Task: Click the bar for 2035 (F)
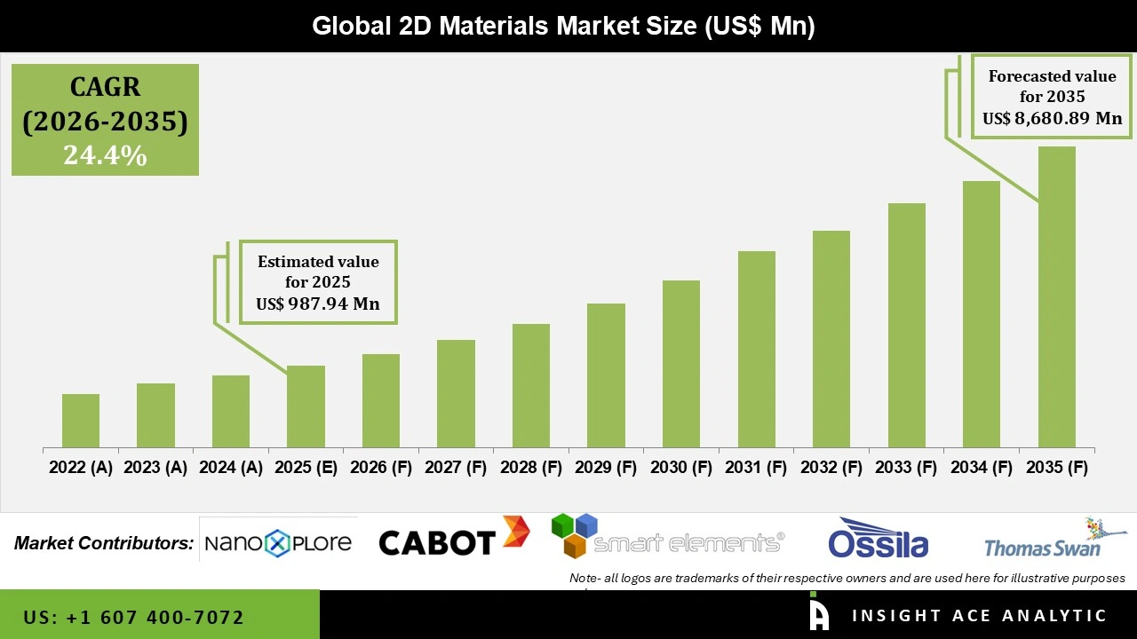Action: (1056, 296)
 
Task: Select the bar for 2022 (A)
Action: (81, 421)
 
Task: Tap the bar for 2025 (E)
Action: (306, 406)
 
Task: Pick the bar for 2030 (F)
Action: (681, 364)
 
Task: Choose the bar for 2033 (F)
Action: (906, 325)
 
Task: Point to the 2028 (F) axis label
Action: (531, 468)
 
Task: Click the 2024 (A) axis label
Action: (231, 468)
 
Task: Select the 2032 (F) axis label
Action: (831, 468)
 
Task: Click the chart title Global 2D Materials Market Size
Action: (563, 26)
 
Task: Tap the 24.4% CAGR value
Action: (105, 155)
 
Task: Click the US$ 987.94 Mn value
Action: (318, 304)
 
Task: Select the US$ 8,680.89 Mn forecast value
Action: (1052, 118)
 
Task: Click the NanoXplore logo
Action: (277, 542)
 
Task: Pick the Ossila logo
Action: (878, 540)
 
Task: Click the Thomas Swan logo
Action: (1054, 540)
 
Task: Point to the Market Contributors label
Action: (104, 543)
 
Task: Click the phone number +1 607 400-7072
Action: (133, 617)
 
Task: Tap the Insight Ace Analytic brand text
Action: (979, 615)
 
